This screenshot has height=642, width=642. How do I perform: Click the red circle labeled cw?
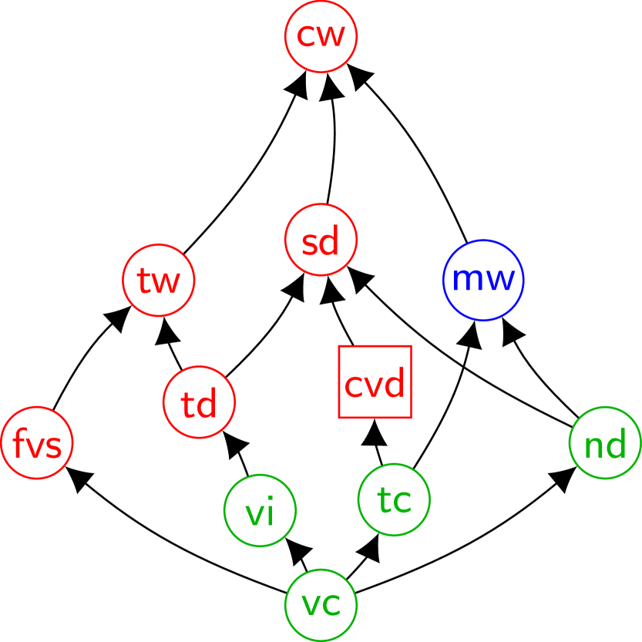pyautogui.click(x=321, y=36)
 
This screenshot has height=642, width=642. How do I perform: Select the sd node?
pyautogui.click(x=321, y=240)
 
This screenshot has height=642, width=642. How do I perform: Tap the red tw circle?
pyautogui.click(x=159, y=280)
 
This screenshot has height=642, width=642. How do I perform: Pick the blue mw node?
pyautogui.click(x=483, y=280)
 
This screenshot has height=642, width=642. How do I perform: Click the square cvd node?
pyautogui.click(x=375, y=382)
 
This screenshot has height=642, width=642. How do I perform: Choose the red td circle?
pyautogui.click(x=199, y=402)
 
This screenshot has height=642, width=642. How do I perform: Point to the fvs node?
pyautogui.click(x=37, y=442)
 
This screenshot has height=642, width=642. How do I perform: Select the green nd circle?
pyautogui.click(x=605, y=442)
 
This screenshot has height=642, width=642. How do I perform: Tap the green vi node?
pyautogui.click(x=260, y=510)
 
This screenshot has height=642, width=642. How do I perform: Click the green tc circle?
pyautogui.click(x=394, y=499)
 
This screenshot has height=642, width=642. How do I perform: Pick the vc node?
pyautogui.click(x=321, y=605)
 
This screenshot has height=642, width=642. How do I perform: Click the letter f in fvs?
pyautogui.click(x=18, y=443)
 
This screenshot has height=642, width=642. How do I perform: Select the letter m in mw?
pyautogui.click(x=466, y=280)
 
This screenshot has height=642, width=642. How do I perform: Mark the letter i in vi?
pyautogui.click(x=270, y=513)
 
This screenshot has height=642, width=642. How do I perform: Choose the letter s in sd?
pyautogui.click(x=309, y=244)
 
